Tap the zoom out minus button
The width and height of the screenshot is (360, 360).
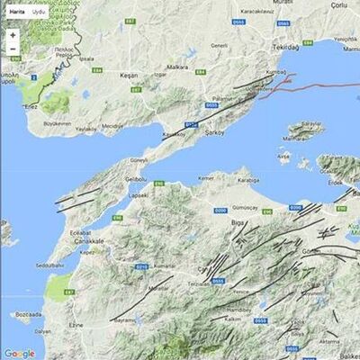13,49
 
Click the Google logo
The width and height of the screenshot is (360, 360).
19,353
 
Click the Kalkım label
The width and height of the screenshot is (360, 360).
234,319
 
